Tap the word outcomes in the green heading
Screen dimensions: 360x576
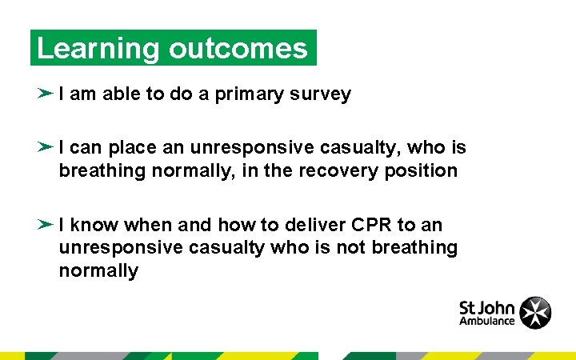coord(238,49)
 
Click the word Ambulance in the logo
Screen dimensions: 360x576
coord(486,322)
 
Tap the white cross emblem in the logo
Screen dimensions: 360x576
coord(535,312)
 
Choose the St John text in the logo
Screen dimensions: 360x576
coord(486,307)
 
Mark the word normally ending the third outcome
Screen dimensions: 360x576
coord(98,271)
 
